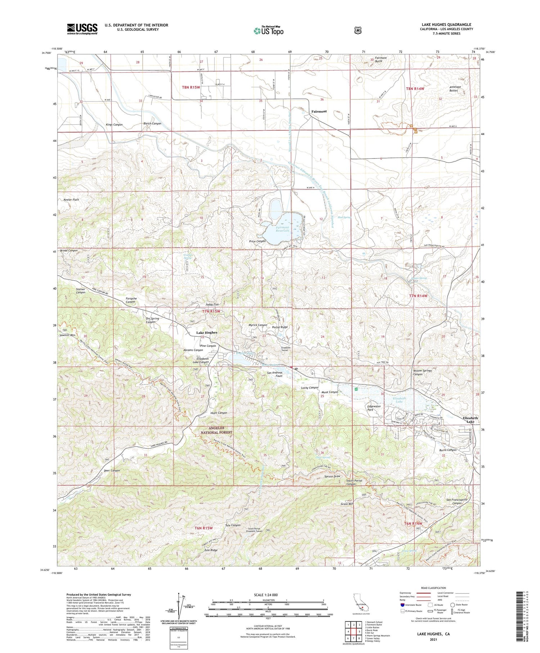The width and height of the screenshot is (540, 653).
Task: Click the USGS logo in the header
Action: (x=82, y=29)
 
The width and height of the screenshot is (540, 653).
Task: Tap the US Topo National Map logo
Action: (x=268, y=31)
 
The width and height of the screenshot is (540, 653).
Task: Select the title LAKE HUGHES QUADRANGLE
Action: (x=446, y=24)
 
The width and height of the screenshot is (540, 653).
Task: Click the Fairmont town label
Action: (x=319, y=111)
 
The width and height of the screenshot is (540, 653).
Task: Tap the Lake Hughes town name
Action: (x=207, y=332)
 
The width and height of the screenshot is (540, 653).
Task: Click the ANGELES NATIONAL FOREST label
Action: (x=217, y=430)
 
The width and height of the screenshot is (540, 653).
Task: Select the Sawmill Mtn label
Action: (x=67, y=335)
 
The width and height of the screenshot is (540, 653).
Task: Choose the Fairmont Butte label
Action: (x=381, y=59)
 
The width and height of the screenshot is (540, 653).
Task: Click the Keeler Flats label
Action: (x=71, y=199)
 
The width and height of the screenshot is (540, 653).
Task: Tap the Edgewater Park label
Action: (x=374, y=408)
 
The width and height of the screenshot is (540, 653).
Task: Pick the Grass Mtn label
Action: (x=347, y=504)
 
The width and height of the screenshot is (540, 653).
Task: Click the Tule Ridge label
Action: (x=211, y=550)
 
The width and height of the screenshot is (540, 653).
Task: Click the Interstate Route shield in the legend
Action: (x=402, y=605)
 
